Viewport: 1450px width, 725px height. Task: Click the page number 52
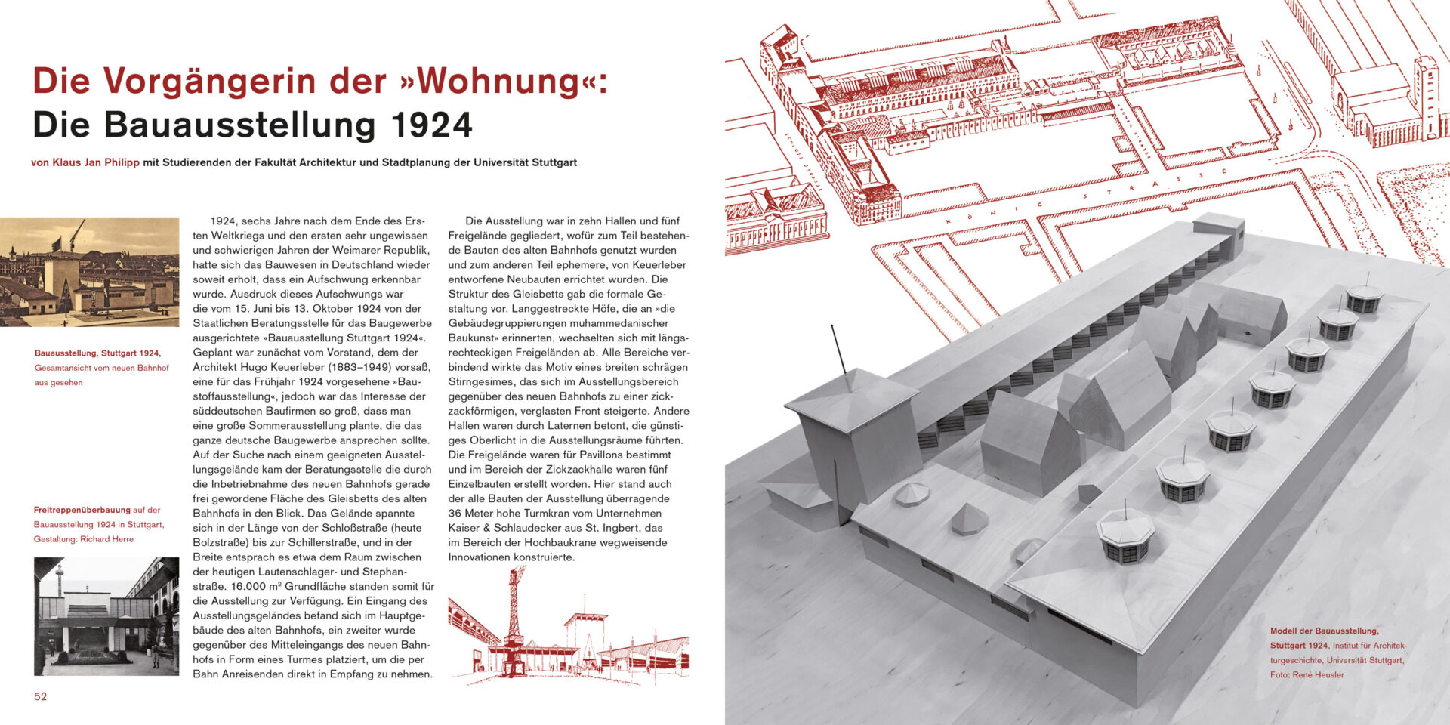click(x=40, y=696)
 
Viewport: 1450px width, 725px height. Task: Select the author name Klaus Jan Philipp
click(x=95, y=162)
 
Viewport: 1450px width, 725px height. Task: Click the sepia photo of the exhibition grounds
click(x=89, y=272)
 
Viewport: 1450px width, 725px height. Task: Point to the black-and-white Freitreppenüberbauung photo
click(x=106, y=616)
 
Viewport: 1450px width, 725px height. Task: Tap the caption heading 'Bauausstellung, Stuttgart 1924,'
click(x=97, y=353)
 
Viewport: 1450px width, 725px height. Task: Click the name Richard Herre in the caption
click(x=106, y=539)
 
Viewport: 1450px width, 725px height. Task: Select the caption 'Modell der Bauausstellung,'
click(x=1324, y=631)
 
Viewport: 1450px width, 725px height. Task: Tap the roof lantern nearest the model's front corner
click(x=1125, y=536)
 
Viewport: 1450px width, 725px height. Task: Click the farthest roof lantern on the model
click(x=1364, y=298)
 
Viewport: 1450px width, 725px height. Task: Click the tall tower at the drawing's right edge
click(x=1427, y=98)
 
